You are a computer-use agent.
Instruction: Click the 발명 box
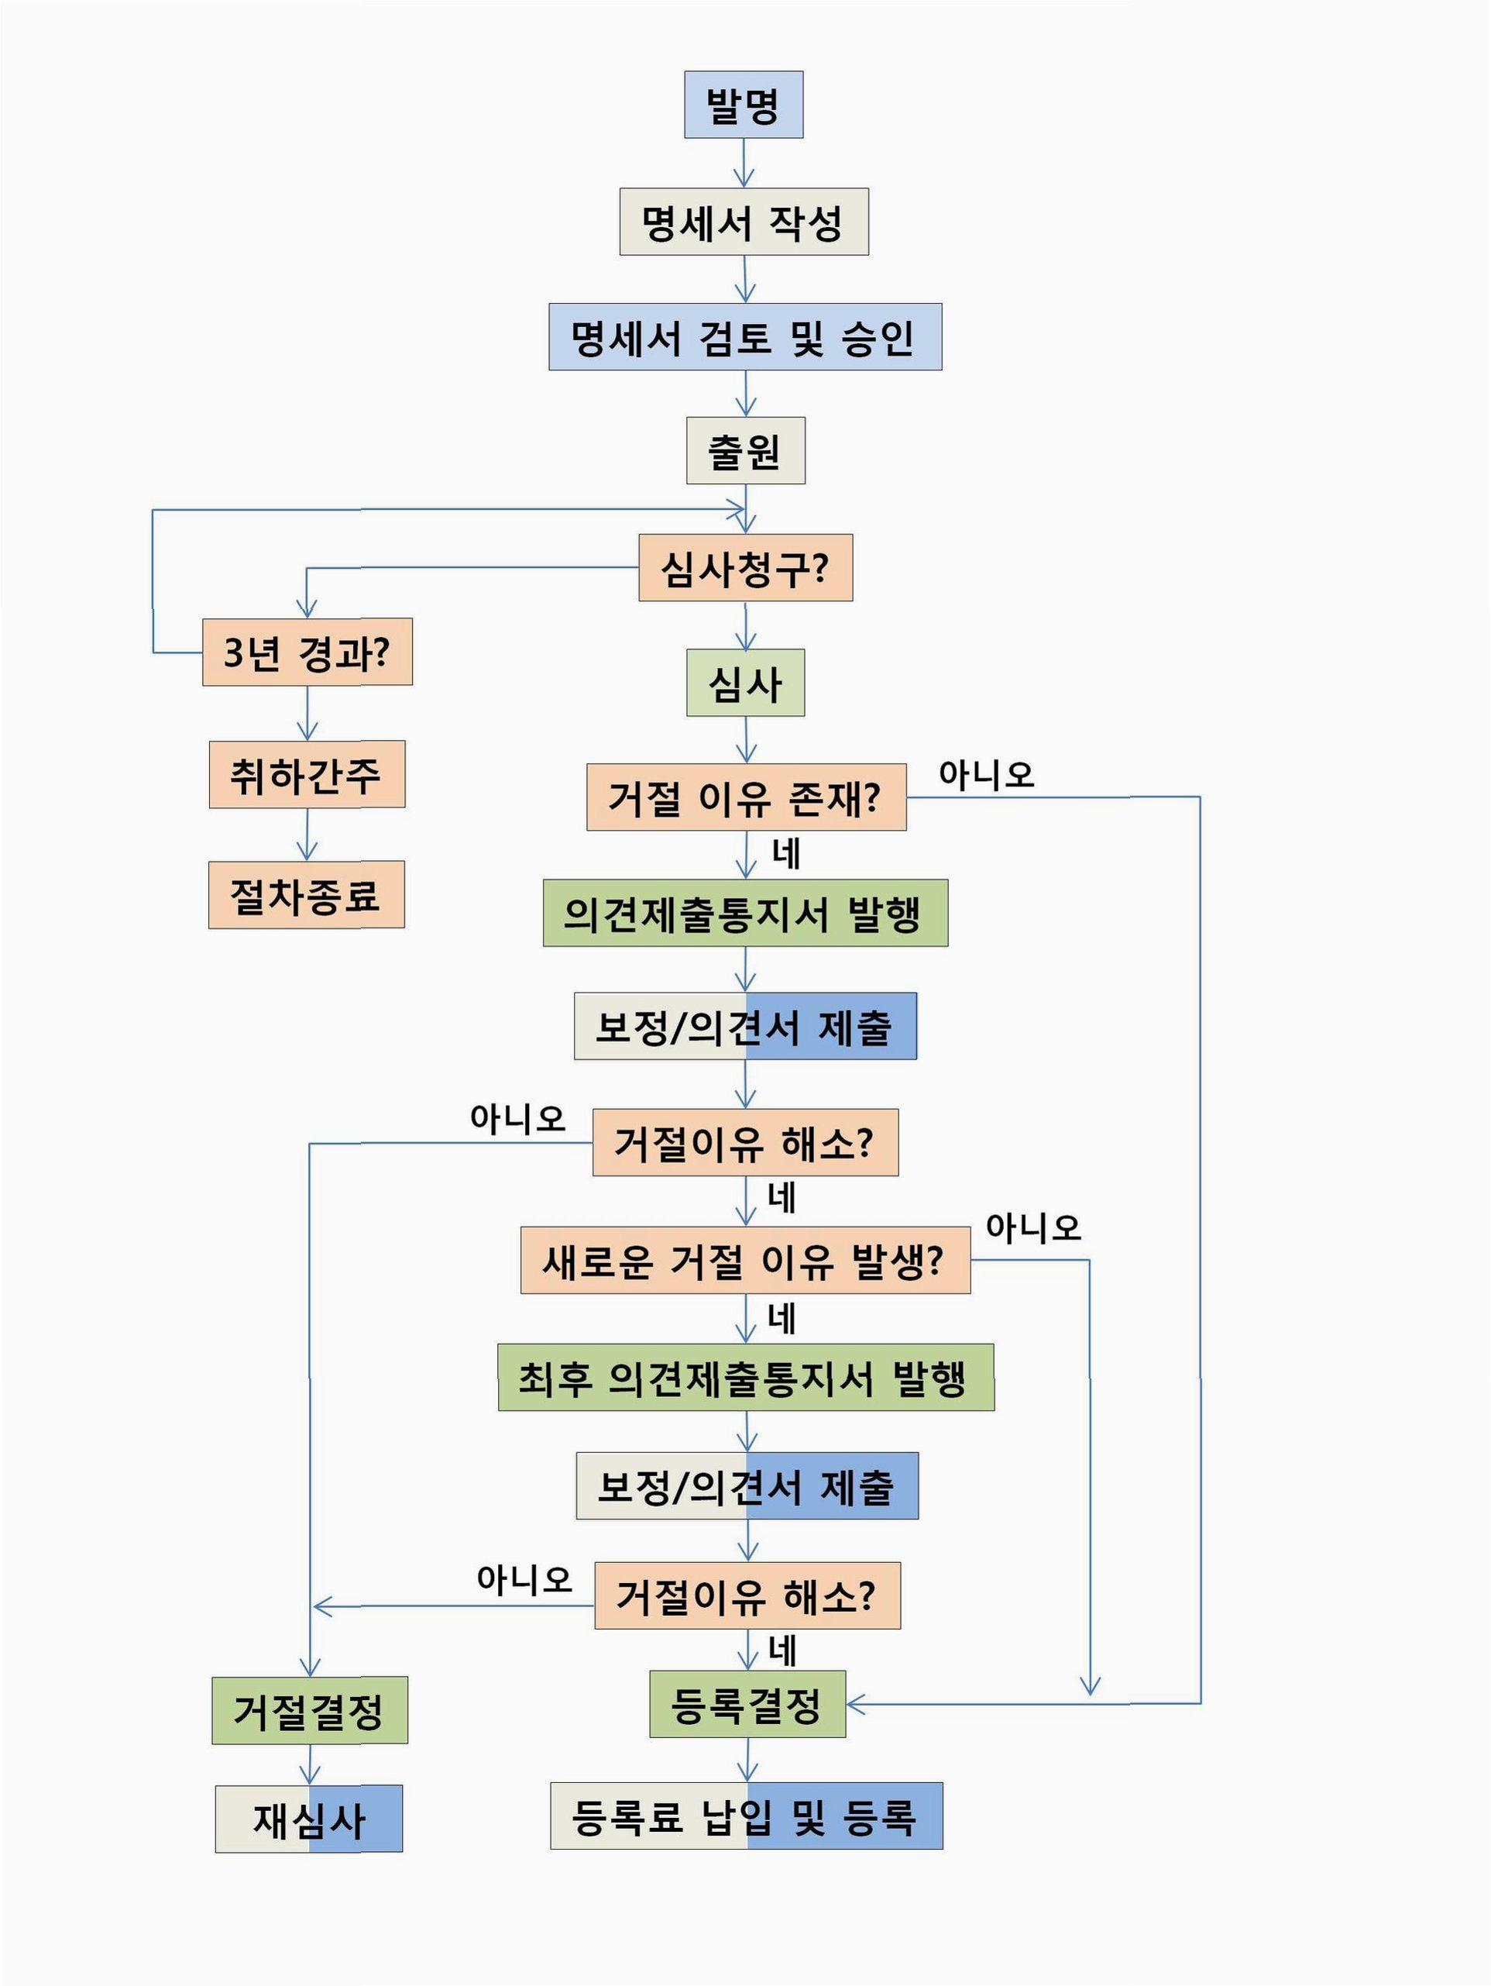[x=744, y=105]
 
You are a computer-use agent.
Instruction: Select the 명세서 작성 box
[x=744, y=222]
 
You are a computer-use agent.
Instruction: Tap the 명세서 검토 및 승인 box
[x=745, y=337]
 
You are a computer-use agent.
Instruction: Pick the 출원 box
[x=745, y=451]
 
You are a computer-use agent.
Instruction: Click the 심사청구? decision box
[x=745, y=568]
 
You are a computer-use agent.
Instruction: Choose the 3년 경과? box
[x=307, y=652]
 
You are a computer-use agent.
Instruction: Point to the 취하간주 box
[x=307, y=774]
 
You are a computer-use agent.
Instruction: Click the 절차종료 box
[x=306, y=894]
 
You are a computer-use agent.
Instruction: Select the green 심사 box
[x=745, y=683]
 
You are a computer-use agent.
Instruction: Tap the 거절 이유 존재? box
[x=746, y=797]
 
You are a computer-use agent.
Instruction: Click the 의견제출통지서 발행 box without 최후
[x=745, y=913]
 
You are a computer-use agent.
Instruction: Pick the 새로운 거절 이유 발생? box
[x=745, y=1260]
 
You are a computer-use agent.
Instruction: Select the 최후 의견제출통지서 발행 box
[x=745, y=1377]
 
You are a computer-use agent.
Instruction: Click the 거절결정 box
[x=310, y=1710]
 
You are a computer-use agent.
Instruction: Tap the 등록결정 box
[x=747, y=1704]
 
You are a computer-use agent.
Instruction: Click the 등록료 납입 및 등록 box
[x=746, y=1816]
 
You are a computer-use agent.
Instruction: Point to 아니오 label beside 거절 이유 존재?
[x=986, y=774]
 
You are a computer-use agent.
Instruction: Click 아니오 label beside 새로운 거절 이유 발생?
[x=1033, y=1227]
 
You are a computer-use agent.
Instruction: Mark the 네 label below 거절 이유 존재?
[x=785, y=854]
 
